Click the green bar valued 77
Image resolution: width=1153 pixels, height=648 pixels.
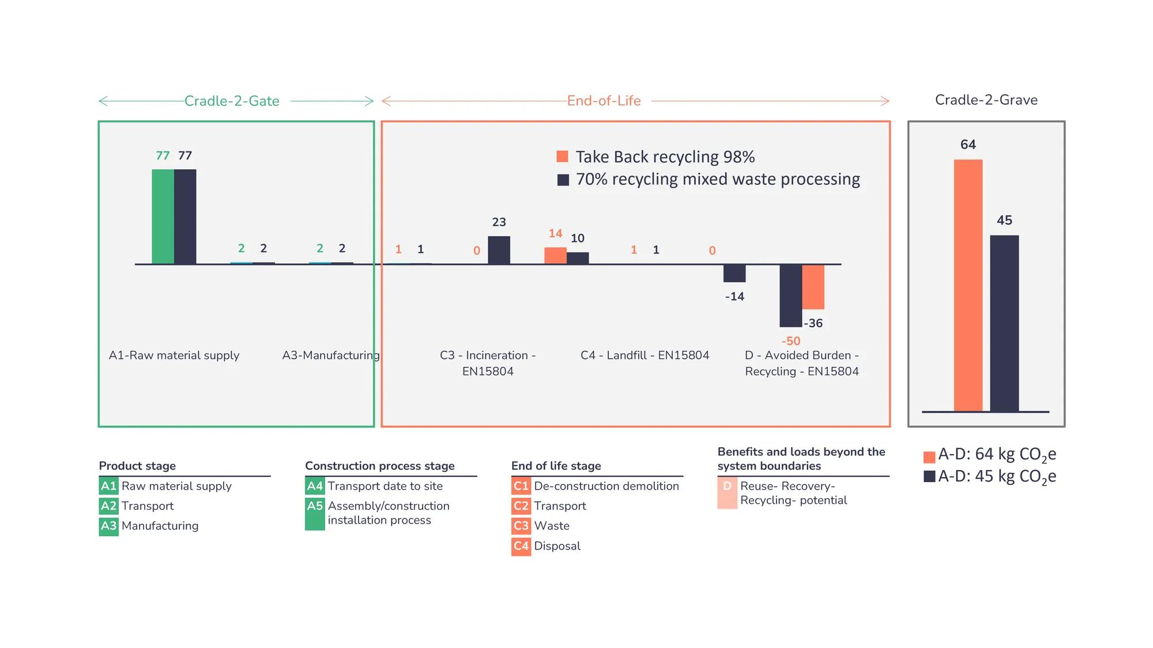pos(163,217)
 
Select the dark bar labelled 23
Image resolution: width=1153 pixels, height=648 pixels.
pos(499,250)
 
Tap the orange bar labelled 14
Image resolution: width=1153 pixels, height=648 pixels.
pos(555,256)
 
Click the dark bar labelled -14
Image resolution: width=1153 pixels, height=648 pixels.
pos(734,273)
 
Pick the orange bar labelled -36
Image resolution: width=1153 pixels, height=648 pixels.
pos(813,287)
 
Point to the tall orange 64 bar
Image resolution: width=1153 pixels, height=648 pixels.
pos(968,285)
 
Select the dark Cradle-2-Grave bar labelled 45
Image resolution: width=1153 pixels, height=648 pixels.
pos(1004,323)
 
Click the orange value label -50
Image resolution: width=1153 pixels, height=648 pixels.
pos(790,341)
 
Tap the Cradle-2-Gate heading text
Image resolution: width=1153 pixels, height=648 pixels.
pos(232,101)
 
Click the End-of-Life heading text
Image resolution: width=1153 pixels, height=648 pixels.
pos(604,101)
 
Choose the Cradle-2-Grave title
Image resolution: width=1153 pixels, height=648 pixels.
pos(986,100)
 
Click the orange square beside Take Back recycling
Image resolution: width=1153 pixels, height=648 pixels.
pos(562,157)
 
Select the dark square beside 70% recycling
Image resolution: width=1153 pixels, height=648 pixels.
pos(563,180)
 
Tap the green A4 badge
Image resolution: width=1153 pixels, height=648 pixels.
pos(315,486)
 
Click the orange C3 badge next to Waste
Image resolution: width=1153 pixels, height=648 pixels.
pos(521,526)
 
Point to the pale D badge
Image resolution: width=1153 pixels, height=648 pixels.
pos(727,493)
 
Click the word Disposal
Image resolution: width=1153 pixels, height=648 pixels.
pos(557,546)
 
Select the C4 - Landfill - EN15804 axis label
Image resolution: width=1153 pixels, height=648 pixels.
pos(645,355)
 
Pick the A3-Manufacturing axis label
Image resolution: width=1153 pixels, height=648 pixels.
pos(331,355)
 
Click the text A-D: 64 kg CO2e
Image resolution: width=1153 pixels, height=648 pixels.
pos(997,455)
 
